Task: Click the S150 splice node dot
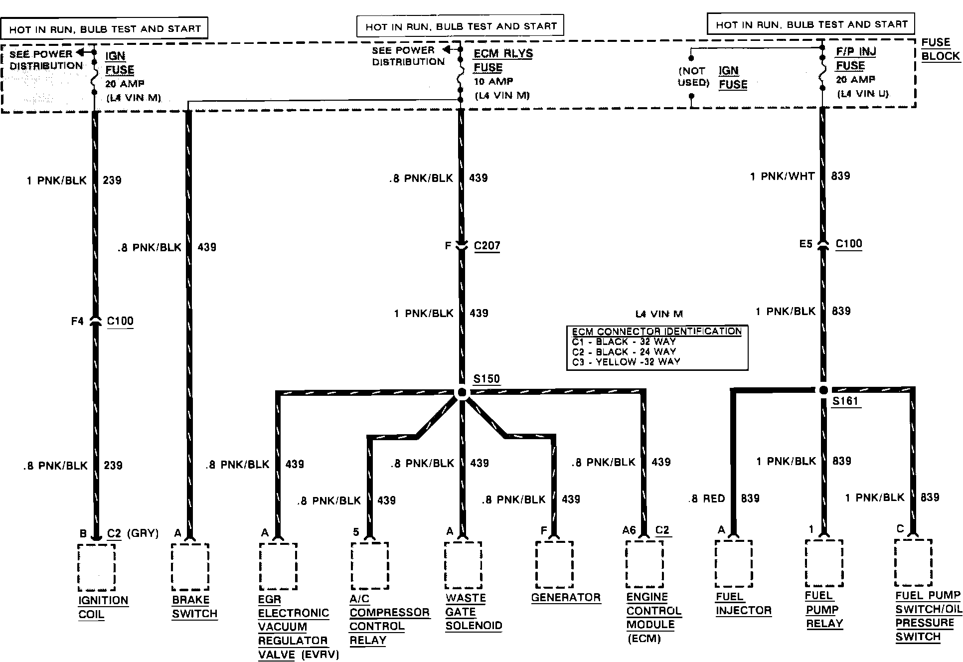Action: coord(462,392)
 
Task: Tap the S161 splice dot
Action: coord(823,390)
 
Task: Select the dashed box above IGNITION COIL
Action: coord(97,567)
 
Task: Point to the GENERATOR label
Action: coord(566,597)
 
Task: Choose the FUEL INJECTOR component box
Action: coord(734,564)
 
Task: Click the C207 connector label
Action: coord(487,246)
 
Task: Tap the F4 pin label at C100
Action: coord(77,322)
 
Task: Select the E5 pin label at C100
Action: coord(805,244)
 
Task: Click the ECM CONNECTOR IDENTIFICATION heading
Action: coord(657,331)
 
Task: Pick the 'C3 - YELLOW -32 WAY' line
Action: coord(626,362)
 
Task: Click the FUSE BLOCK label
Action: coord(940,49)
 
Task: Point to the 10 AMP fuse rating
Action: coord(493,81)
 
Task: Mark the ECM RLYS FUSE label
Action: coord(502,60)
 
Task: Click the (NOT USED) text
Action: coord(693,77)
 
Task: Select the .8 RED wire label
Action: coord(707,498)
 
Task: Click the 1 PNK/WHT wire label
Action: coord(782,176)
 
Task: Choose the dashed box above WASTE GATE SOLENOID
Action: coord(463,565)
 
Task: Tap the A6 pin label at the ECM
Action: coord(629,530)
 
